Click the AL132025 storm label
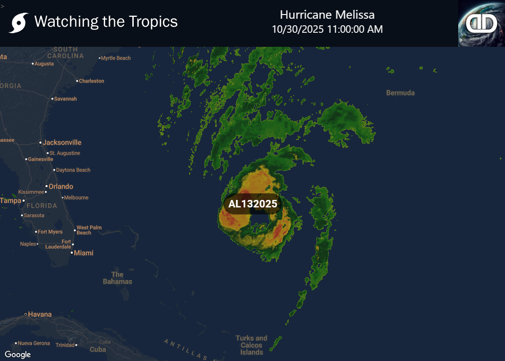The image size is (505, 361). [x=252, y=204]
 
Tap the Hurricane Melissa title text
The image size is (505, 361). [x=327, y=15]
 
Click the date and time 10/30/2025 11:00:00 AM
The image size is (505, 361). [x=327, y=29]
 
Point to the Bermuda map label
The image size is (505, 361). [x=400, y=93]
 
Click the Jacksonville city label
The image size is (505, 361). [x=62, y=142]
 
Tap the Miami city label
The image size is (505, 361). [x=83, y=253]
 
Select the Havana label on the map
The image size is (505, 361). [x=40, y=314]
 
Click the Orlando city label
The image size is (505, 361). [x=61, y=186]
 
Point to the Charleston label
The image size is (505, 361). [x=91, y=81]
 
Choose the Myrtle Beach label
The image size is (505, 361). [x=116, y=58]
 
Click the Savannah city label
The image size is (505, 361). [x=65, y=99]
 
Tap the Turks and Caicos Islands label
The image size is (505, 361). [x=252, y=345]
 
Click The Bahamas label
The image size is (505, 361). [x=117, y=278]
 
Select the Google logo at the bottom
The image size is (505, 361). [x=18, y=354]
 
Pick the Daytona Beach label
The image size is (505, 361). [x=73, y=170]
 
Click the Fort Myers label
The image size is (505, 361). [x=50, y=232]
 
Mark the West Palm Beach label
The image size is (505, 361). [x=89, y=230]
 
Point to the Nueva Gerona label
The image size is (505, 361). [x=34, y=344]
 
